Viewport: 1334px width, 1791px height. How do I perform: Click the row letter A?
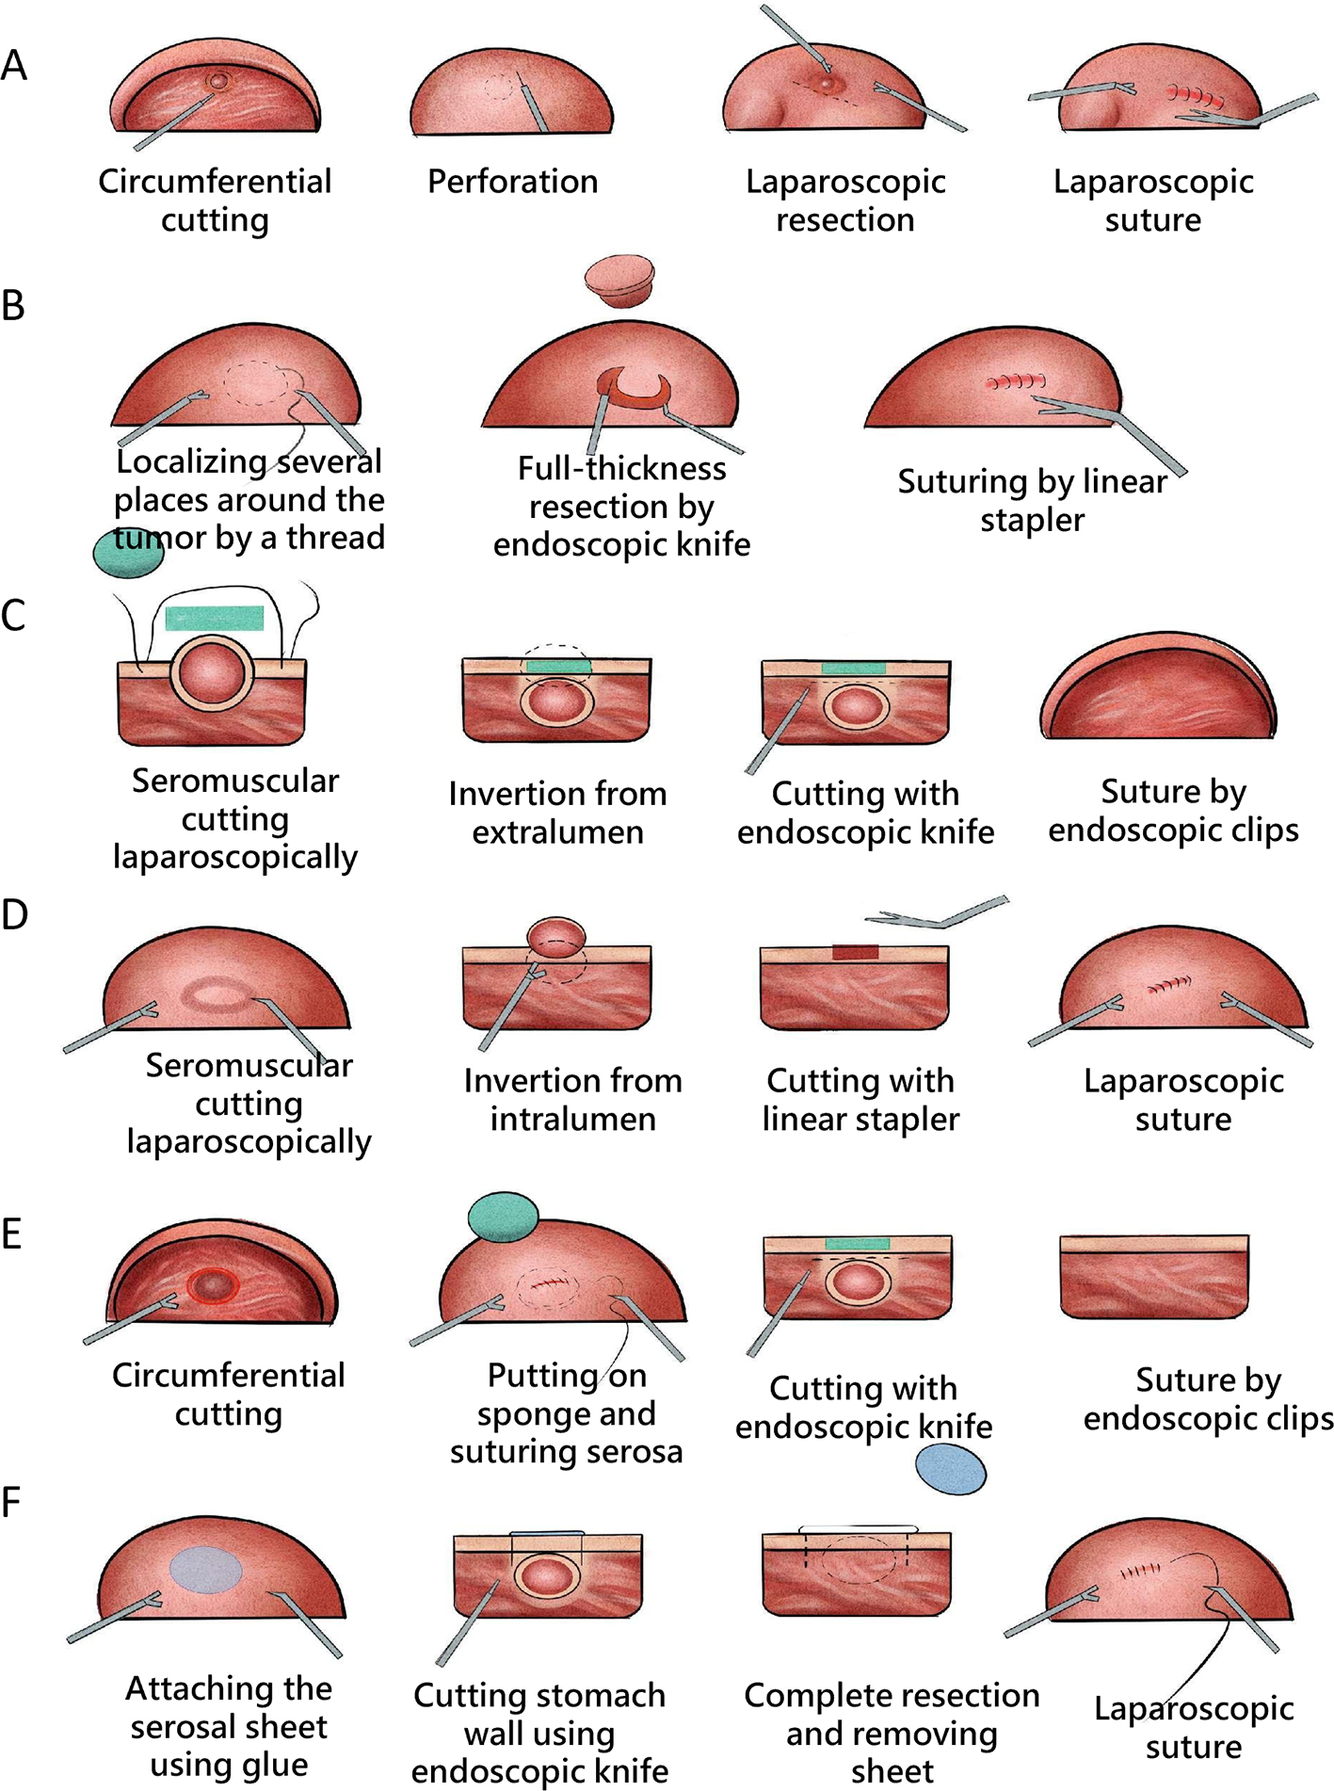click(x=14, y=66)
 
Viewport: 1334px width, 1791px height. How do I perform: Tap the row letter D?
click(x=15, y=914)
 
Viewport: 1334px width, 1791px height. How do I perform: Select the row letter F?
click(x=11, y=1503)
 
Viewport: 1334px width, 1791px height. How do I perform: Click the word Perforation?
click(x=512, y=182)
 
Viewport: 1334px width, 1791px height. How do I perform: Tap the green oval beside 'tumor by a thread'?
click(x=129, y=553)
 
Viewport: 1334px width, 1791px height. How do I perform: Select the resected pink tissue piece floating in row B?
click(x=619, y=280)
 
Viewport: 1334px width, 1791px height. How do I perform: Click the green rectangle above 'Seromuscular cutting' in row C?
click(x=214, y=618)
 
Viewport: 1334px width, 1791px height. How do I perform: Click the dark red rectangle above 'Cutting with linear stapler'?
click(x=855, y=952)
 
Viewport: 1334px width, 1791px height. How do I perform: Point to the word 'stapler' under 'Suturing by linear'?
click(x=1032, y=520)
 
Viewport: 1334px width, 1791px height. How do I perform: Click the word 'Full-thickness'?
click(x=621, y=468)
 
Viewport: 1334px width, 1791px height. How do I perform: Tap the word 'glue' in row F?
click(x=276, y=1765)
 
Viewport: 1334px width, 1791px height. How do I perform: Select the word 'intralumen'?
click(x=572, y=1119)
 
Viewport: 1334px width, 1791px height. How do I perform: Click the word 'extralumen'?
click(x=557, y=832)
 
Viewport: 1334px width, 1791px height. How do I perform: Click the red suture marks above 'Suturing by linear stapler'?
click(x=1016, y=382)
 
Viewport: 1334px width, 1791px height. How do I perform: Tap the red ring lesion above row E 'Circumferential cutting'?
click(x=214, y=1284)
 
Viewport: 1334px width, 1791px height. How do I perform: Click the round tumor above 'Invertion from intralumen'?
click(x=555, y=934)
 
